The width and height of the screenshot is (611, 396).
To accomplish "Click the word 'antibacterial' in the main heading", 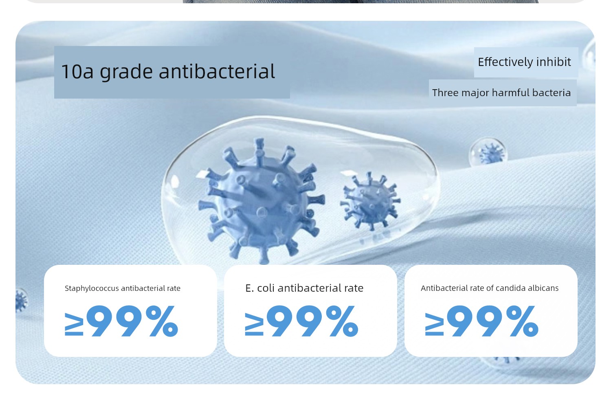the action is pyautogui.click(x=217, y=71).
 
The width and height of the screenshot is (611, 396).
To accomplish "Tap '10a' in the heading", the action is pyautogui.click(x=77, y=71).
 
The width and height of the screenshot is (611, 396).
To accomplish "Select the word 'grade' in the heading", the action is pyautogui.click(x=126, y=72).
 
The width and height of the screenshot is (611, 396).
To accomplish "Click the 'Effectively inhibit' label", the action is pyautogui.click(x=524, y=62).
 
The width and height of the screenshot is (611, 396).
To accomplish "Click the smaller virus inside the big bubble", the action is pyautogui.click(x=370, y=201).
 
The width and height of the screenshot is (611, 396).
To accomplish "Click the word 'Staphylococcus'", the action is pyautogui.click(x=92, y=288).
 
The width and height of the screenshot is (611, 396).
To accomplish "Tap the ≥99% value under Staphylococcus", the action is pyautogui.click(x=121, y=321).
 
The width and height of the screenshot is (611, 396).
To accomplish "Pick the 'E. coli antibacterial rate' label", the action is pyautogui.click(x=304, y=288).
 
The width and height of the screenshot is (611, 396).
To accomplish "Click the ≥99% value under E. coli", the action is pyautogui.click(x=301, y=321).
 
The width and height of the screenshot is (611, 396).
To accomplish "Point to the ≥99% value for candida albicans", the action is pyautogui.click(x=482, y=321).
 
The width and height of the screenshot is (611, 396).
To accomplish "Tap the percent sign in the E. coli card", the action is pyautogui.click(x=342, y=321).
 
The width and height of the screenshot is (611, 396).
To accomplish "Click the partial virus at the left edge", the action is pyautogui.click(x=21, y=301).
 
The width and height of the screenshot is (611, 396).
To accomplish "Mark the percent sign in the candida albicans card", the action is pyautogui.click(x=522, y=321).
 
